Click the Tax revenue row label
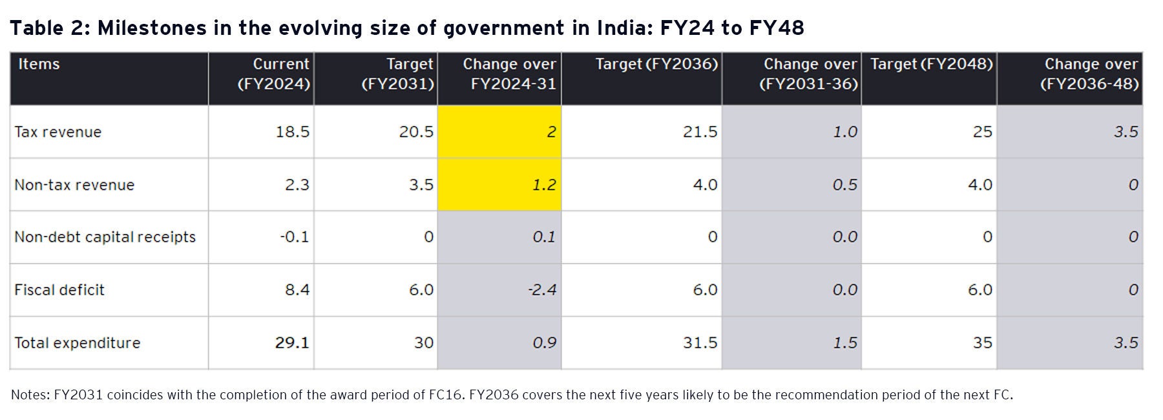coord(58,132)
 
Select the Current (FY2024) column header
coord(274,74)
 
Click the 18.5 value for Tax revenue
coord(292,132)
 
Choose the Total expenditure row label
coord(78,342)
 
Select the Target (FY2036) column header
coord(656,64)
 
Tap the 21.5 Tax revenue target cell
coord(700,132)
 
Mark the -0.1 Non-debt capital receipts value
coord(294,237)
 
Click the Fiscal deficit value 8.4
coord(297,289)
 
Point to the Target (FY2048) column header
coord(931,64)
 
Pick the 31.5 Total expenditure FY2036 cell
coord(700,342)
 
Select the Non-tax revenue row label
coord(74,185)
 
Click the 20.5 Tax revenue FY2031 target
coord(416,132)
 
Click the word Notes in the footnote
coord(29,395)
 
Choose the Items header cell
coord(39,64)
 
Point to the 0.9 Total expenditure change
coord(544,342)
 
